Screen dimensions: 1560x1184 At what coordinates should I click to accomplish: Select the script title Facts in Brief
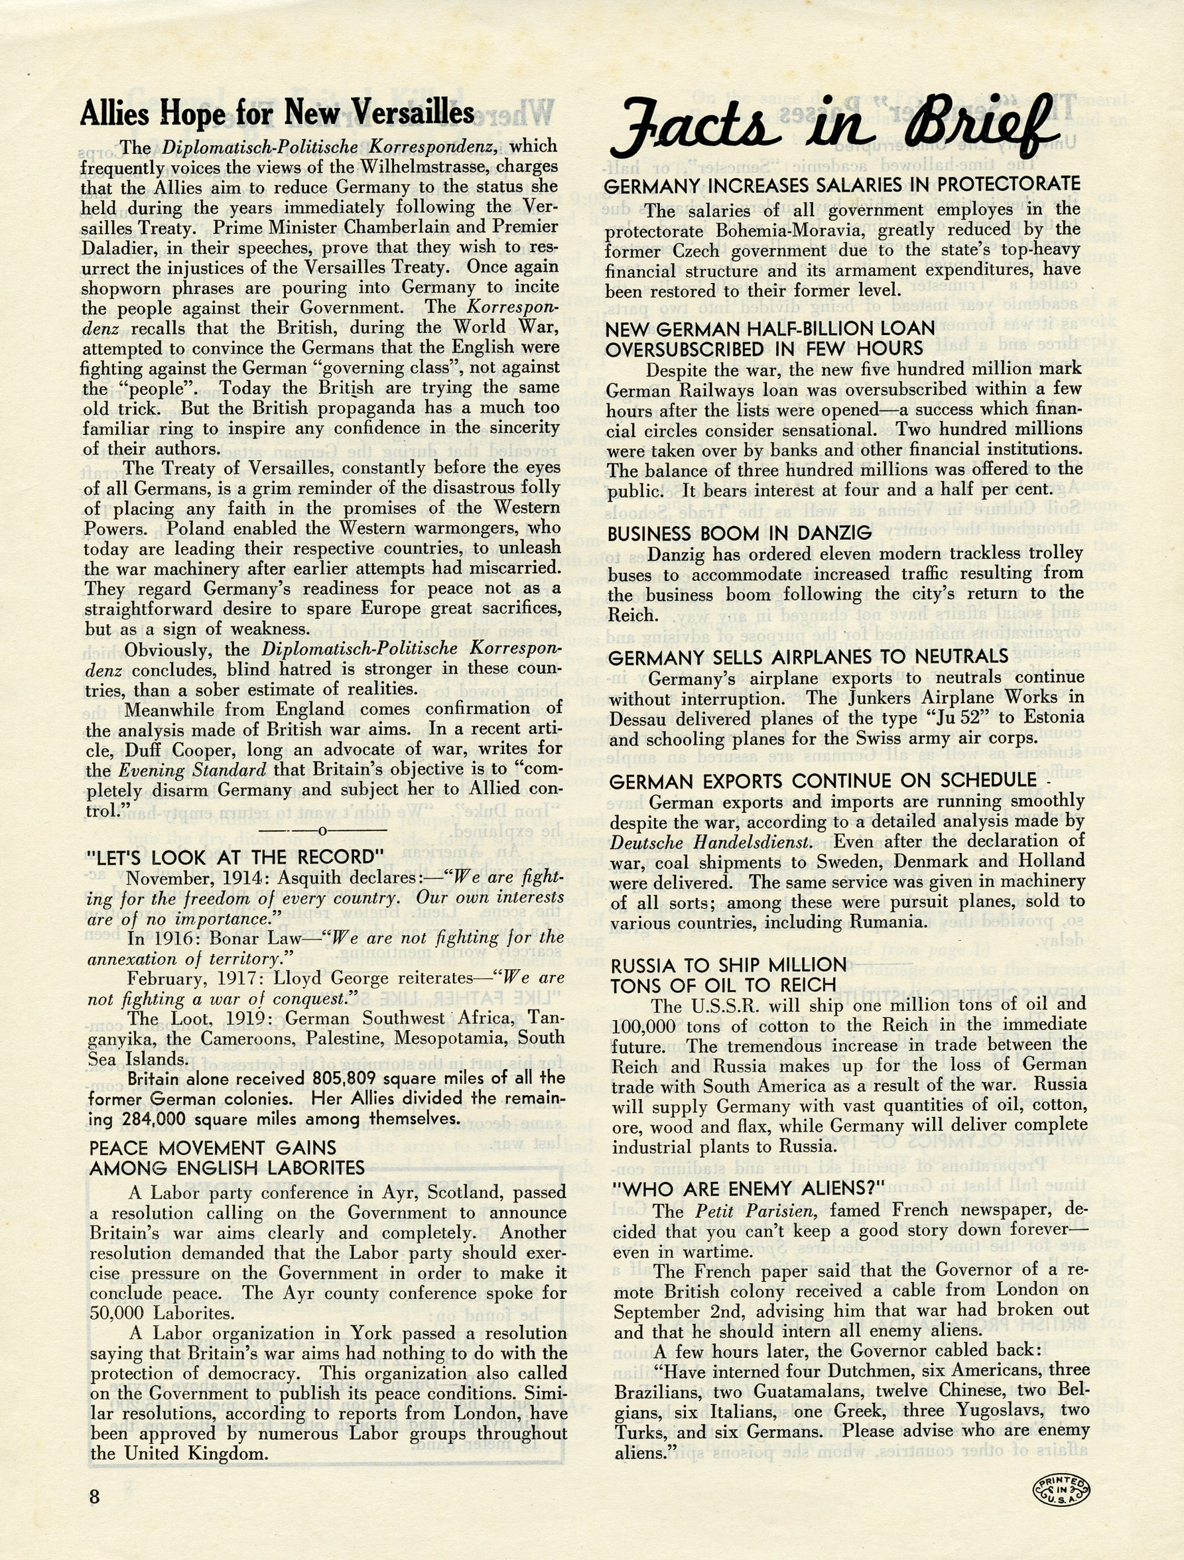pos(836,129)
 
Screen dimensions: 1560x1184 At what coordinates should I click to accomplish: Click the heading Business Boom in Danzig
pos(740,534)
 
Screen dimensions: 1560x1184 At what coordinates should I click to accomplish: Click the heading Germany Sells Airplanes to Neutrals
pos(808,657)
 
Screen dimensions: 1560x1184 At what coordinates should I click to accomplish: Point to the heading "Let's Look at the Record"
pos(239,858)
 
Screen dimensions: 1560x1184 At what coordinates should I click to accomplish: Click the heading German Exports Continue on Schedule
pos(823,781)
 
